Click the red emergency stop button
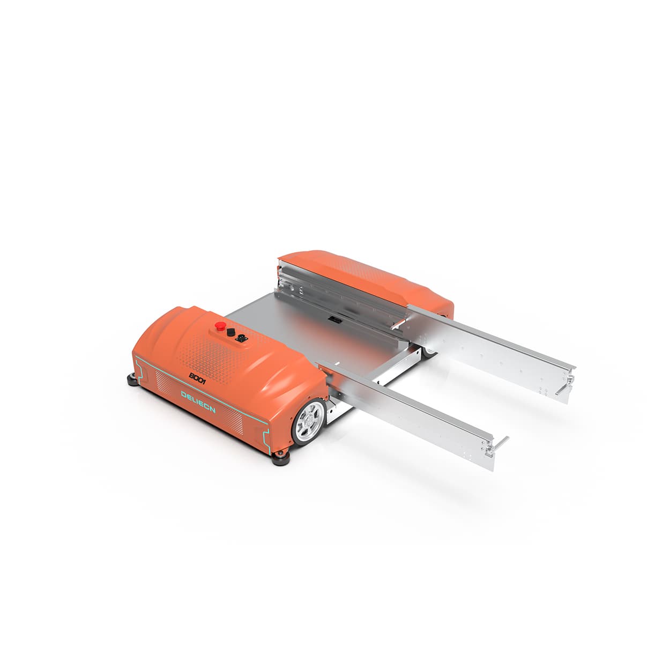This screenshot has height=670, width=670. point(220,326)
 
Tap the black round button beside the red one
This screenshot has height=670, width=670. point(231,332)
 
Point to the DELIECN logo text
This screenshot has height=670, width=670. point(198,402)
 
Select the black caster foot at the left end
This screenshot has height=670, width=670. point(131,379)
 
